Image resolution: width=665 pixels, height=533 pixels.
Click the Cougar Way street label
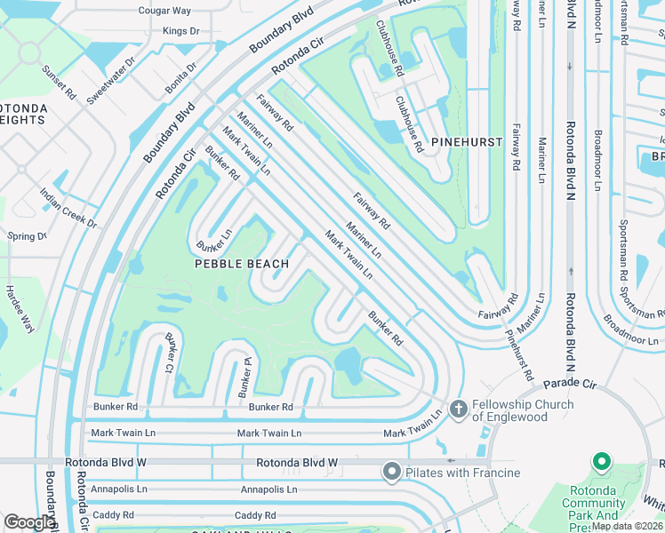click(164, 11)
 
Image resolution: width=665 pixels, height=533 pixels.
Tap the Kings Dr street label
click(180, 31)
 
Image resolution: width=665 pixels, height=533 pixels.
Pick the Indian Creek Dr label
click(68, 208)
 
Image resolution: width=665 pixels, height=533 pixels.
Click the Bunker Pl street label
click(239, 378)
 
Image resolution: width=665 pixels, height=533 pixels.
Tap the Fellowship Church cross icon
click(458, 409)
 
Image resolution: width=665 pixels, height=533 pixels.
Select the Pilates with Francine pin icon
click(391, 472)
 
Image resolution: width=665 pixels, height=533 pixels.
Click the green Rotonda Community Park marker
click(601, 462)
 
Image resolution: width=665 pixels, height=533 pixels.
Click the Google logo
click(29, 522)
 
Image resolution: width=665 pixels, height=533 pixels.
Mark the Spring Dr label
click(26, 236)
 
